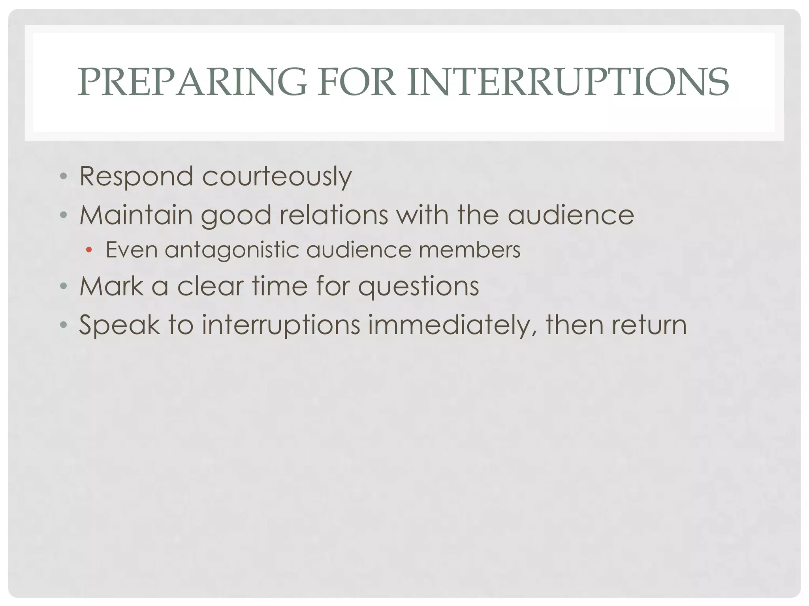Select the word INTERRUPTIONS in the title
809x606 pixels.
click(x=568, y=82)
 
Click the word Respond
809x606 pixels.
click(x=136, y=176)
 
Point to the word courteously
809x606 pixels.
click(x=277, y=176)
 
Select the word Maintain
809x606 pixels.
click(x=136, y=215)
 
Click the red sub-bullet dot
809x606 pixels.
click(x=89, y=250)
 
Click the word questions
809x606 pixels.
click(x=418, y=286)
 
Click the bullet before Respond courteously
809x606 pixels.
click(x=63, y=176)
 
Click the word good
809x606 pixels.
click(x=236, y=216)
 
